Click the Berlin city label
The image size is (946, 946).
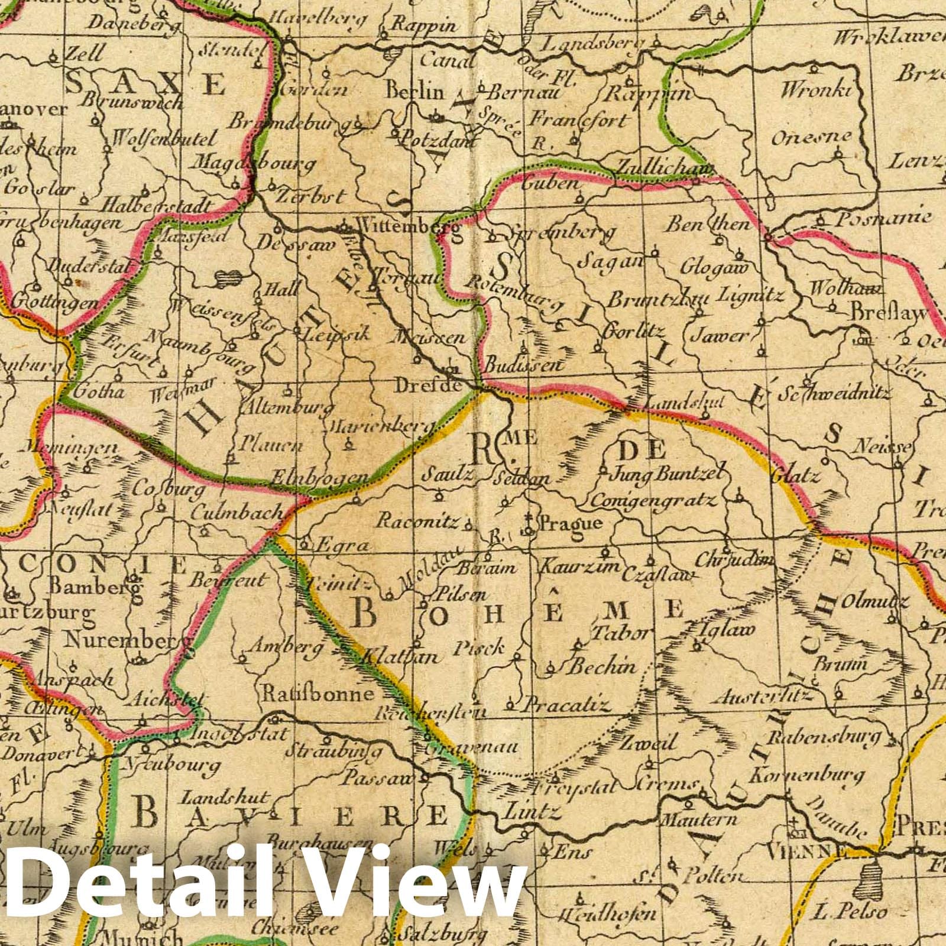click(x=414, y=92)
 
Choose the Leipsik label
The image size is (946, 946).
click(x=336, y=333)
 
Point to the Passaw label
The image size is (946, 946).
click(x=386, y=777)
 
